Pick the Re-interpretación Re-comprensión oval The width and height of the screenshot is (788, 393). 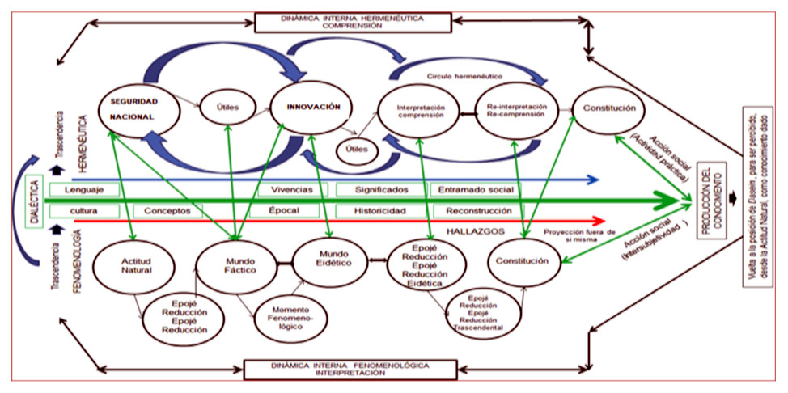tap(516, 111)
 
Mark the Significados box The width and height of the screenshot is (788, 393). tap(381, 189)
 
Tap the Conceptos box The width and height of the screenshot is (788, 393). tap(167, 210)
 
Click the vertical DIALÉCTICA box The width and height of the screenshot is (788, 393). tap(32, 198)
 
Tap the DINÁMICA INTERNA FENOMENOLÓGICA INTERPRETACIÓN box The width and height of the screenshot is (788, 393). tap(335, 369)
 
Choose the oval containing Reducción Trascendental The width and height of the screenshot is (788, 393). tap(480, 317)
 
